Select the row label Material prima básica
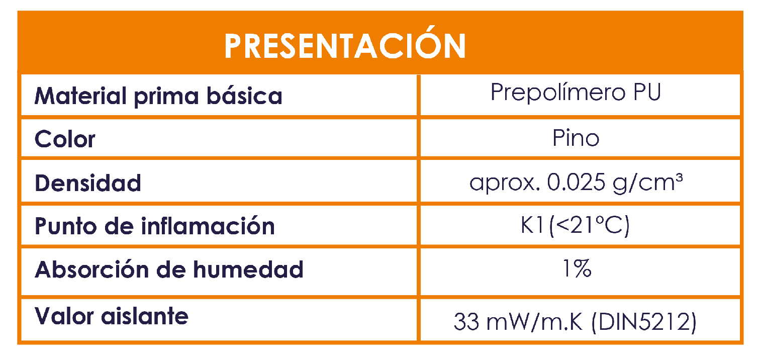pos(158,97)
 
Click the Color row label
pos(65,139)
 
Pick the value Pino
pos(576,138)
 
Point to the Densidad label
pos(88,183)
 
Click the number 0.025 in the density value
pos(576,182)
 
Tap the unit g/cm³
pos(647,184)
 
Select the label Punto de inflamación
pos(154,226)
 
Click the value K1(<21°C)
pos(575,225)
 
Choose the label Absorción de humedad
pos(169,270)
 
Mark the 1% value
pos(577,269)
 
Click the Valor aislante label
pos(112,316)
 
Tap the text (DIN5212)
pos(644,322)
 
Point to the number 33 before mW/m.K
pos(466,322)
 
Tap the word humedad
pos(248,269)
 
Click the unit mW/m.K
pos(534,322)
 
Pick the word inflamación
pos(208,226)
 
